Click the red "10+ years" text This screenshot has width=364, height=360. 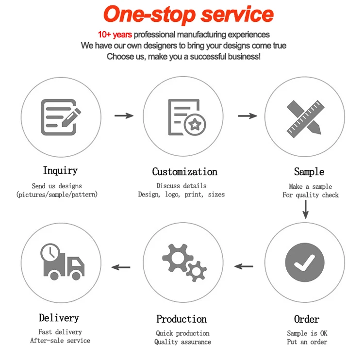[115, 34]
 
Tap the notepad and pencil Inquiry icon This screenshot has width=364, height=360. [60, 117]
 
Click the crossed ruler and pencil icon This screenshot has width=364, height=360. [305, 117]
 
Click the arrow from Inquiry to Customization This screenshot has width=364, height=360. [124, 115]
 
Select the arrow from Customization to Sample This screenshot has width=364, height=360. [248, 115]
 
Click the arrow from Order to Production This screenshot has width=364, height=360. [244, 266]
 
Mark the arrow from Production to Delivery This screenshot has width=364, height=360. [121, 266]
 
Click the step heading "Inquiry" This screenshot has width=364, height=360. [60, 171]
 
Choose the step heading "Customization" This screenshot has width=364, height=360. [184, 172]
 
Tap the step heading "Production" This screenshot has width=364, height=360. [182, 319]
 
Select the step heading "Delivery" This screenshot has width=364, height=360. [59, 318]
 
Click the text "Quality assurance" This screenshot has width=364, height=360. [182, 342]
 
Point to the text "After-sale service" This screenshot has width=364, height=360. [60, 340]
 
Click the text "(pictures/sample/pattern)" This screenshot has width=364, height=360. [57, 195]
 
